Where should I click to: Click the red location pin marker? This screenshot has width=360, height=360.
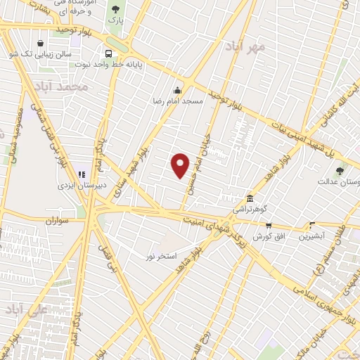181,165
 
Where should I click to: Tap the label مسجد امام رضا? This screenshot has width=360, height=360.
179,101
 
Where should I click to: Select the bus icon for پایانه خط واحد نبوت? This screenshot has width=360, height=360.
108,53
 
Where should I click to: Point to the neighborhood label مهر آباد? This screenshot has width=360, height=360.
245,48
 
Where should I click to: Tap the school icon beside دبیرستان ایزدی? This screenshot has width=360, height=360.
81,173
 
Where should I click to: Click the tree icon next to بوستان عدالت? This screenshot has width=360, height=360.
340,170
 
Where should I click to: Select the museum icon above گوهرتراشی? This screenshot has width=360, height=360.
250,198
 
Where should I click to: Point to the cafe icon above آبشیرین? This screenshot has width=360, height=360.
312,226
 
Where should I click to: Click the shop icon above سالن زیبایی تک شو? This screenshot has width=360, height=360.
40,43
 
